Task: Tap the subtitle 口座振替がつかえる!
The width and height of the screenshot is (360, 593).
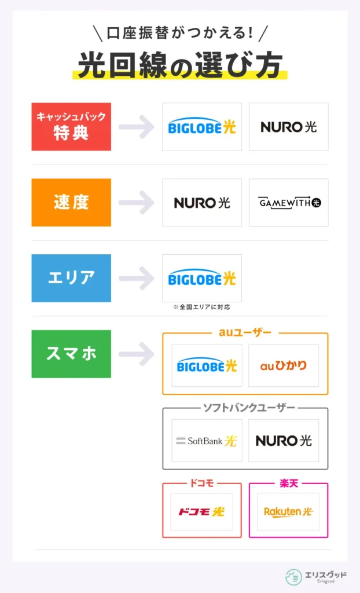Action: coord(179,32)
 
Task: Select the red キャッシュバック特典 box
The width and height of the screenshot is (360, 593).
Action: coord(71,127)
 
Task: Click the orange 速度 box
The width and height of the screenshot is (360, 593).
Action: coord(71,203)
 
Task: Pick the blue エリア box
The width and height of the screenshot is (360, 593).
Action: coord(71,278)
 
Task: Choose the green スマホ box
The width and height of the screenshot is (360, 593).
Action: coord(71,354)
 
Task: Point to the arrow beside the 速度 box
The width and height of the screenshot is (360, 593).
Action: coord(137,203)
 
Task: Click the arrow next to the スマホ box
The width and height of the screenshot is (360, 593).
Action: coord(137,354)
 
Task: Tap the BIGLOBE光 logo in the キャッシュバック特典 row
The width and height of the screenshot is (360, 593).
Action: coord(202,127)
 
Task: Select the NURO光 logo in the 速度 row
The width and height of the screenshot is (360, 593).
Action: coord(202,203)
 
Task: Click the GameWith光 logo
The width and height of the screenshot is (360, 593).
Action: coord(289,203)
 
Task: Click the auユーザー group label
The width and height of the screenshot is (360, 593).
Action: coord(245,333)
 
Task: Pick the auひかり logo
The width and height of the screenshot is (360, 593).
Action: coord(284,365)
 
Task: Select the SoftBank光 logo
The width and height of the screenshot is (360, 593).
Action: coord(207,441)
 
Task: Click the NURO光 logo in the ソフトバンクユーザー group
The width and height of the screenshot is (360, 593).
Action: coord(284,441)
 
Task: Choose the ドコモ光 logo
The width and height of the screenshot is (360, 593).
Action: coord(201,512)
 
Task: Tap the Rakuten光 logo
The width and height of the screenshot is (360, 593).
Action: coord(288,512)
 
